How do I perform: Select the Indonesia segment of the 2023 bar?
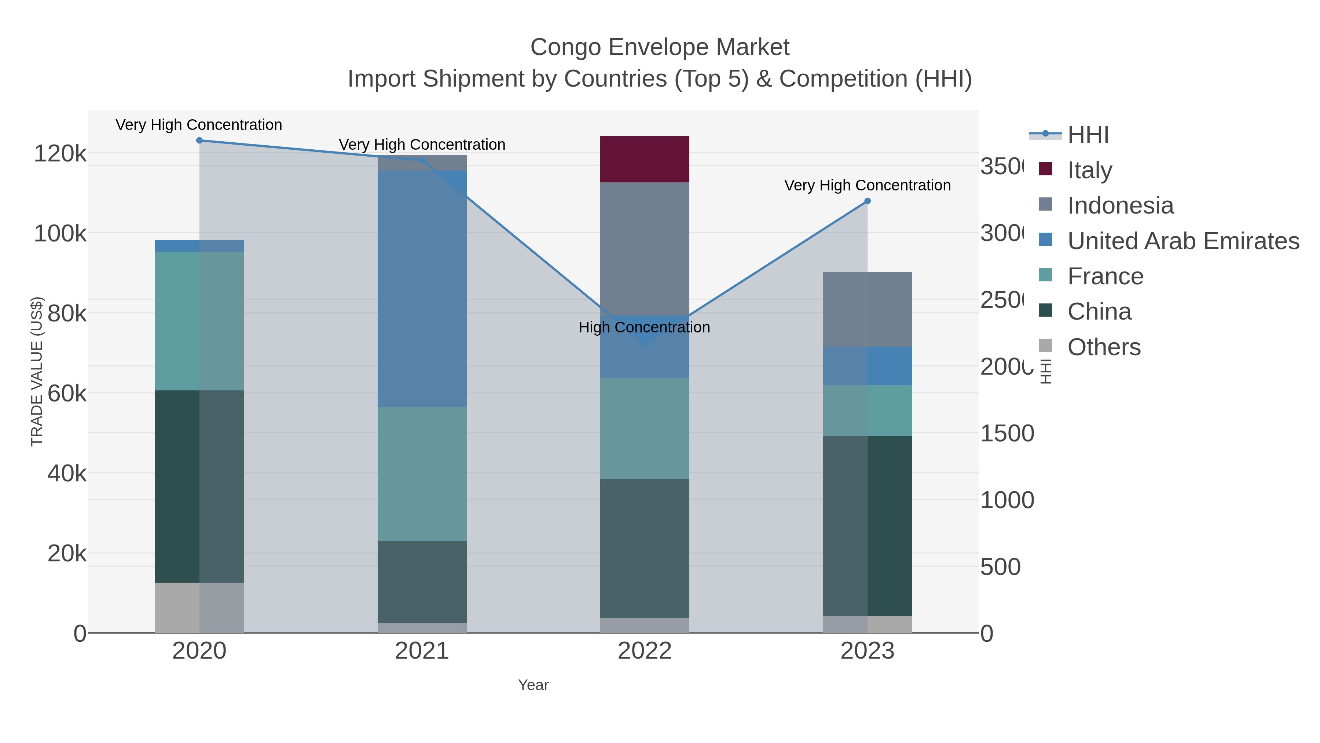[867, 309]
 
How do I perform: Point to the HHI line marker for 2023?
[867, 201]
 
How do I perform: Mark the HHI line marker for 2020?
[199, 141]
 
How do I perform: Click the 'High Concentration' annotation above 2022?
[644, 327]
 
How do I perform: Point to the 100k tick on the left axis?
[60, 233]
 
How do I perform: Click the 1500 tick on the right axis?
[1006, 433]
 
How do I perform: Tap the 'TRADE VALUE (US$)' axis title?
[37, 371]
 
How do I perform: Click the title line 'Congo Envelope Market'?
[660, 47]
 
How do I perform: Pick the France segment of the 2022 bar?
[644, 428]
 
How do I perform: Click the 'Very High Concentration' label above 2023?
[867, 185]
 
